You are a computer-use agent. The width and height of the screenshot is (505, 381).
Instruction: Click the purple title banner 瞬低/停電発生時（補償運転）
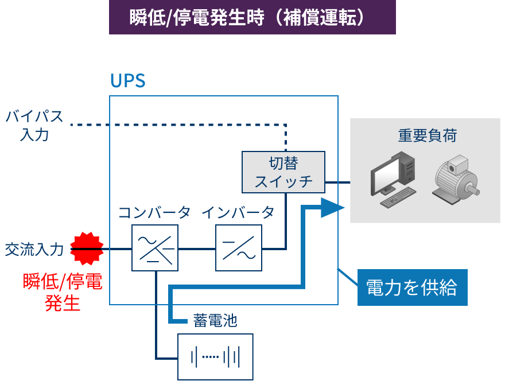252,17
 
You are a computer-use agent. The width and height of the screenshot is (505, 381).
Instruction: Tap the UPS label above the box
127,81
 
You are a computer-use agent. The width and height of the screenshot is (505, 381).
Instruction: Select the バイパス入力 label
34,125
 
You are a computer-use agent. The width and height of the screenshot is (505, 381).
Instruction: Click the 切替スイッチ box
283,172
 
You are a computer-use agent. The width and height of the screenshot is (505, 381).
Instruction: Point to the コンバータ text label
154,213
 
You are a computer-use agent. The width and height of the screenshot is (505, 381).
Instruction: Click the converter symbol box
155,248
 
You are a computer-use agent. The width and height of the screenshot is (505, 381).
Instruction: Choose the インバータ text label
238,213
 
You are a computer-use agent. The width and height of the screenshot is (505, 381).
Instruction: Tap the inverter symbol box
239,248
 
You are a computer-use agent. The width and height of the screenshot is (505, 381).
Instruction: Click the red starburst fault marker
87,248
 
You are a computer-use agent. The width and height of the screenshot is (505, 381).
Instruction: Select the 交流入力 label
34,250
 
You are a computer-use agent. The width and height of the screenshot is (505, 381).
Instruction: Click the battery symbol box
215,356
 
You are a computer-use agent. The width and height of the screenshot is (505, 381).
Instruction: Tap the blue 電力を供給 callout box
412,287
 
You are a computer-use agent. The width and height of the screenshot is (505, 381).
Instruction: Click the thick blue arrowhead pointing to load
332,208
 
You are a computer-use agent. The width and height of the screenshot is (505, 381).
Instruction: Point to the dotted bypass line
172,125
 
